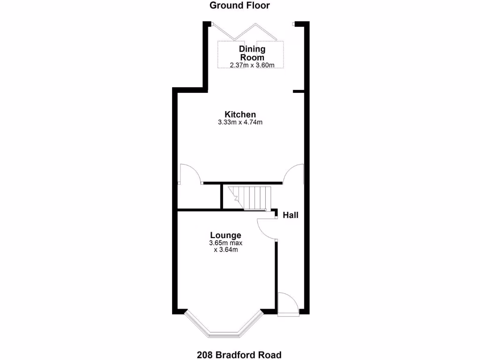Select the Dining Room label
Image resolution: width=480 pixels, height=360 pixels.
pyautogui.click(x=252, y=53)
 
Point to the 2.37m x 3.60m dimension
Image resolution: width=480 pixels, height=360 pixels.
pyautogui.click(x=252, y=66)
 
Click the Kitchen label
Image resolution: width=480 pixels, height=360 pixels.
pyautogui.click(x=240, y=114)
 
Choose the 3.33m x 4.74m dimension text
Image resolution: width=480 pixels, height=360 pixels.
pyautogui.click(x=240, y=123)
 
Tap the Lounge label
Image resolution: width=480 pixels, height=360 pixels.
pyautogui.click(x=225, y=235)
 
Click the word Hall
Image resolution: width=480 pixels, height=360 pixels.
pyautogui.click(x=290, y=215)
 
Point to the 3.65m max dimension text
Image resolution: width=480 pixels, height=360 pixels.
pyautogui.click(x=225, y=243)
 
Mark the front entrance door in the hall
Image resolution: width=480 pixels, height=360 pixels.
pyautogui.click(x=288, y=304)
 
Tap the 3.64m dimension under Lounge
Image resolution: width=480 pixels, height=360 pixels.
pyautogui.click(x=225, y=250)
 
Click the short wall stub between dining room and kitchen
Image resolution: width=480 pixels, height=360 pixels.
pyautogui.click(x=298, y=91)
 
